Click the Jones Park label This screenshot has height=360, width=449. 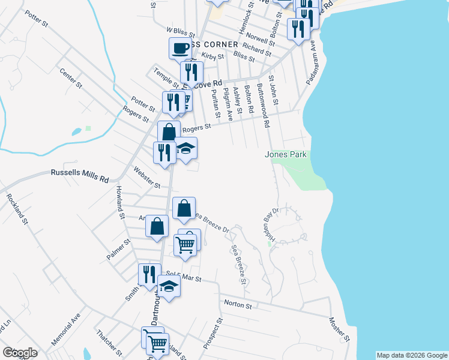286,155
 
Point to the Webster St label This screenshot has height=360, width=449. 146,177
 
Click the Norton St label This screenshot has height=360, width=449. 237,305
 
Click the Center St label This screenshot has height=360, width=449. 70,78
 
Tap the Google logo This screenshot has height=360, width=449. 20,353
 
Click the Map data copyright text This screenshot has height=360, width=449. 412,355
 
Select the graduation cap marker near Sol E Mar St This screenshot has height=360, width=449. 169,287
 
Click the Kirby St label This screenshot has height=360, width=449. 212,56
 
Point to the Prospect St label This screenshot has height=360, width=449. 212,334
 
